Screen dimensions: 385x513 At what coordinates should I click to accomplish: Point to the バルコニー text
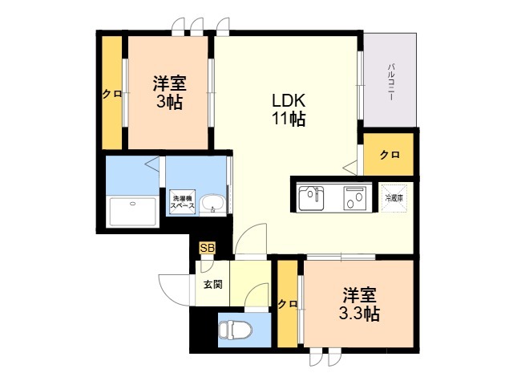pos(392,79)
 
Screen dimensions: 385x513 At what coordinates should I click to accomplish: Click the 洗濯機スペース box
pos(181,201)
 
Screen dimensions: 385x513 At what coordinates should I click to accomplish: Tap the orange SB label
pos(207,248)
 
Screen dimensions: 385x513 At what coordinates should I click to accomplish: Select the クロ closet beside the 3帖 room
pos(111,93)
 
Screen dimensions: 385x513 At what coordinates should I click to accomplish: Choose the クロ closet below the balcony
pos(389,154)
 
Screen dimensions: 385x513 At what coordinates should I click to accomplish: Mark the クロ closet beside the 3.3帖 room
pos(287,305)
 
